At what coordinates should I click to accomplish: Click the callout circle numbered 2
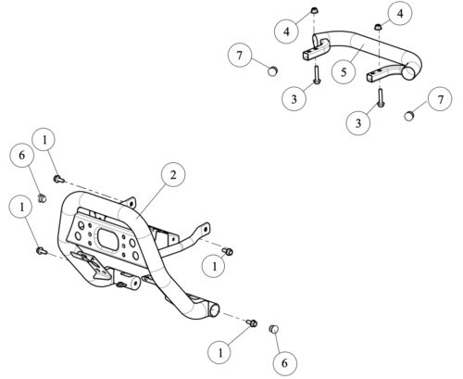pyautogui.click(x=173, y=175)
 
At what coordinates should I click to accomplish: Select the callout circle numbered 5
pyautogui.click(x=344, y=72)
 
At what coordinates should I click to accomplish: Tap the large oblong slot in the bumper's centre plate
pyautogui.click(x=108, y=239)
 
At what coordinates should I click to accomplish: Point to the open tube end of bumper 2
pyautogui.click(x=213, y=310)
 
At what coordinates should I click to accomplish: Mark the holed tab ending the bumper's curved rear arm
pyautogui.click(x=204, y=229)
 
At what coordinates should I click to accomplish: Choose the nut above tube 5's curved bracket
pyautogui.click(x=378, y=27)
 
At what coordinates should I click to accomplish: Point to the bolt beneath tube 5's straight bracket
pyautogui.click(x=316, y=74)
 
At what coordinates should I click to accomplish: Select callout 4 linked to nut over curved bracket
pyautogui.click(x=400, y=14)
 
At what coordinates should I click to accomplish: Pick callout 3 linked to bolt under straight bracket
pyautogui.click(x=294, y=99)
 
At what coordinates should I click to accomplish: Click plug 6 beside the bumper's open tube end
pyautogui.click(x=274, y=329)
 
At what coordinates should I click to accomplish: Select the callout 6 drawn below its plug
pyautogui.click(x=284, y=362)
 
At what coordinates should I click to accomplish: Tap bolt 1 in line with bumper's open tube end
pyautogui.click(x=253, y=323)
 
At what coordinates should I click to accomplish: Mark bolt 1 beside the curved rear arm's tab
pyautogui.click(x=228, y=251)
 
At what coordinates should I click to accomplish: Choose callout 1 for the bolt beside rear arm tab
pyautogui.click(x=214, y=266)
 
